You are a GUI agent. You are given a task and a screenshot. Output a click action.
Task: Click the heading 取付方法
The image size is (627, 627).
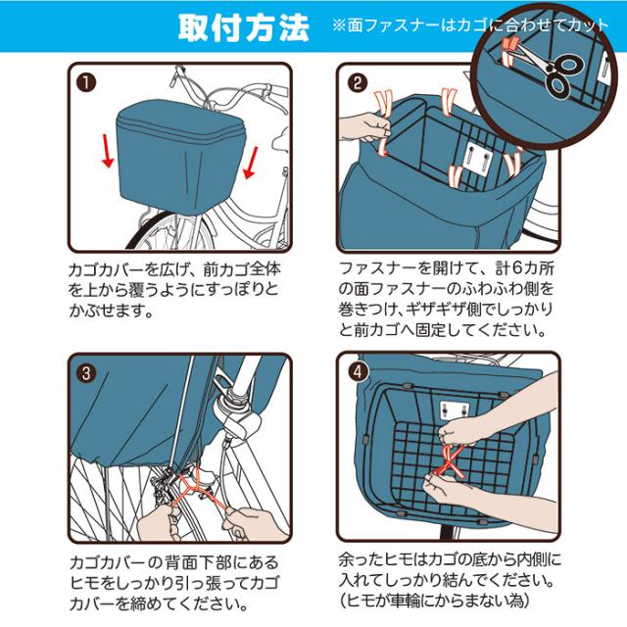(x=242, y=27)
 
